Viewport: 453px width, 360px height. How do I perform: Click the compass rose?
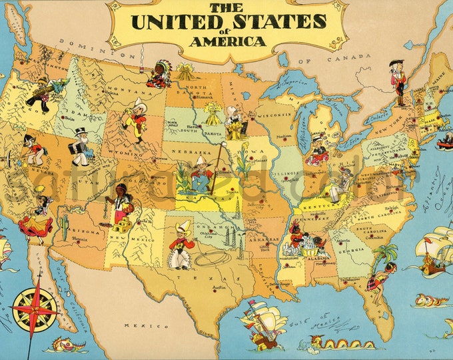pyautogui.click(x=35, y=306)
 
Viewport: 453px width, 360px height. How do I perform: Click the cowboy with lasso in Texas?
pyautogui.click(x=179, y=245)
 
